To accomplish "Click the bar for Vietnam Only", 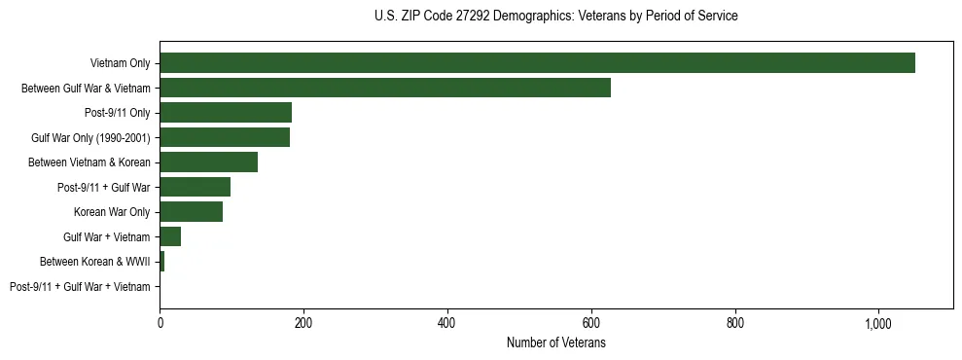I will point(537,63).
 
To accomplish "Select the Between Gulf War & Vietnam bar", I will point(385,88).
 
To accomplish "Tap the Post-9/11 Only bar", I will point(226,113).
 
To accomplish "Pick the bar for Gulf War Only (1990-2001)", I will point(225,137).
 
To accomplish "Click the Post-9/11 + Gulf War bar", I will point(195,187).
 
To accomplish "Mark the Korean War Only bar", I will point(191,212).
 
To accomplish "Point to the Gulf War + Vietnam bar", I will point(170,236).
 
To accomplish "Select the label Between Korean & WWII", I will point(94,262).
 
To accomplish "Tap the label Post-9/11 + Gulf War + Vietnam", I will point(80,286).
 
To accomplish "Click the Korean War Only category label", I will point(112,212).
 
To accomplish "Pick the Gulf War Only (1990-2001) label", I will point(90,137).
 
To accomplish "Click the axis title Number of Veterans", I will point(556,342).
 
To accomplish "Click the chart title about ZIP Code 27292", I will point(556,17).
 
